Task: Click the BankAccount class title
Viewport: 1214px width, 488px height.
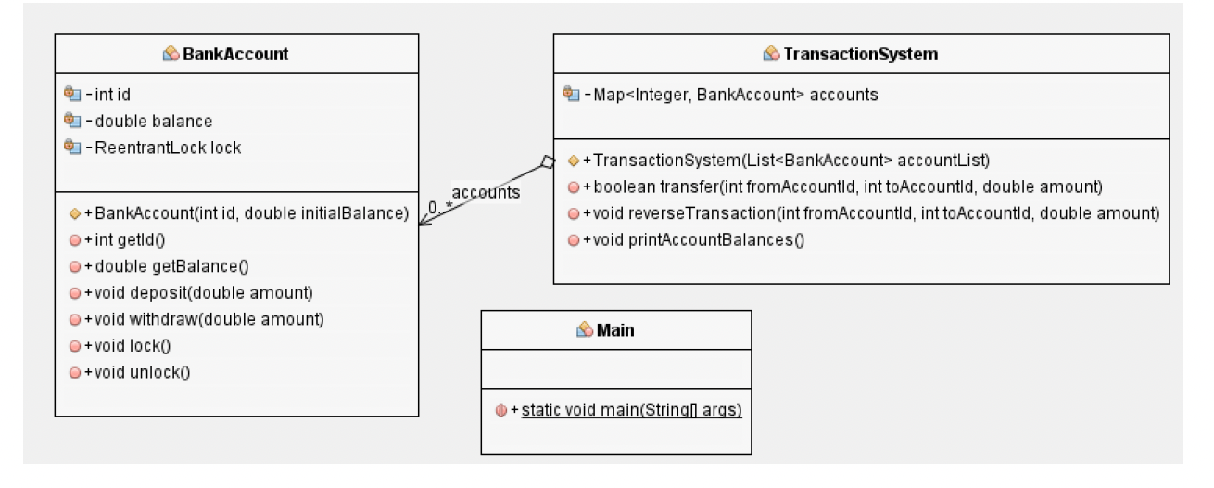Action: [234, 54]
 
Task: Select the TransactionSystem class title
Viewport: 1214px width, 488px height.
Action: [860, 54]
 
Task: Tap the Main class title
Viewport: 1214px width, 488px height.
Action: [615, 329]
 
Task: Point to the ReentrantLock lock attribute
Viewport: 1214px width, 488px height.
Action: [168, 148]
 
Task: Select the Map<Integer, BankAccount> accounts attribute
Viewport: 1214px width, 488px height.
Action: [737, 95]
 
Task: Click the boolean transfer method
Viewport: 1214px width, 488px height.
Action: [841, 187]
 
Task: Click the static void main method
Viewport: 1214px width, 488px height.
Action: [631, 410]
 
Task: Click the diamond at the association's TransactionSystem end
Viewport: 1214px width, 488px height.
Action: [547, 163]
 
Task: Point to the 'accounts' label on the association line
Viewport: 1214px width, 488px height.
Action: [486, 192]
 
